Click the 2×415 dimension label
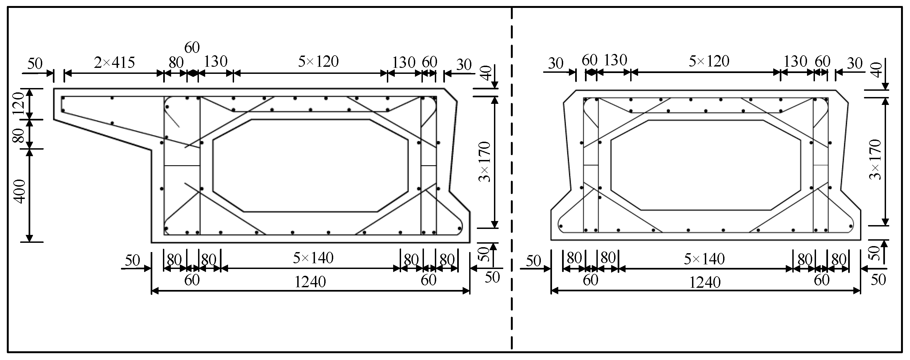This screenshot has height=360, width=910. [114, 63]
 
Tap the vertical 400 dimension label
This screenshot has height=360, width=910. [20, 191]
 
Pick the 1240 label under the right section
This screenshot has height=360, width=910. [705, 283]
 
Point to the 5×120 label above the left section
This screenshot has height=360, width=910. [318, 62]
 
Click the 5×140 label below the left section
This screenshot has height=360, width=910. [313, 258]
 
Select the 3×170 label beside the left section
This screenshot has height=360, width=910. [485, 162]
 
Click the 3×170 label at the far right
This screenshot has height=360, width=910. [876, 160]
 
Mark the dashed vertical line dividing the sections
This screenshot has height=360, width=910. [511, 177]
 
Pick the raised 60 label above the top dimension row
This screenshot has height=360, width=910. [192, 47]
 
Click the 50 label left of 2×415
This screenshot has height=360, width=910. [35, 64]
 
